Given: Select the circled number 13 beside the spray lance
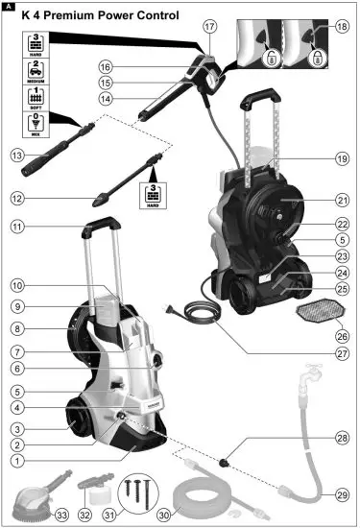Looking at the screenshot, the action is tap(15, 155).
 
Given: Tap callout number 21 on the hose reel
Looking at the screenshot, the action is tap(342, 201).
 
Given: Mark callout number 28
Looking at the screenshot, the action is tap(342, 439).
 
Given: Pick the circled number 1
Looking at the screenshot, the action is tap(16, 461).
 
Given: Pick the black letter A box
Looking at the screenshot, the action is tap(9, 7).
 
